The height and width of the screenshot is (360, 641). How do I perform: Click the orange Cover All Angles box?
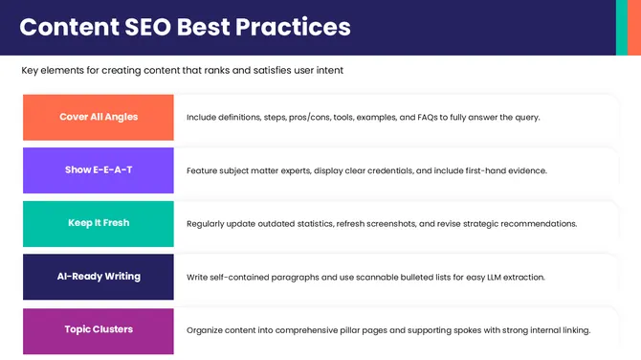(99, 117)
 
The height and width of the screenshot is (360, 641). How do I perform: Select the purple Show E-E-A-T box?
(99, 170)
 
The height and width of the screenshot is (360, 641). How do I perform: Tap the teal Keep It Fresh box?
(99, 223)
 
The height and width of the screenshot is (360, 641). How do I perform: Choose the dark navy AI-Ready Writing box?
(99, 277)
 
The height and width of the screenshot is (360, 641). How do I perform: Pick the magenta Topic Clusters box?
(99, 330)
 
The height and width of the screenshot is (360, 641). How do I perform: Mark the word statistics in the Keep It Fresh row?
(307, 223)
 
